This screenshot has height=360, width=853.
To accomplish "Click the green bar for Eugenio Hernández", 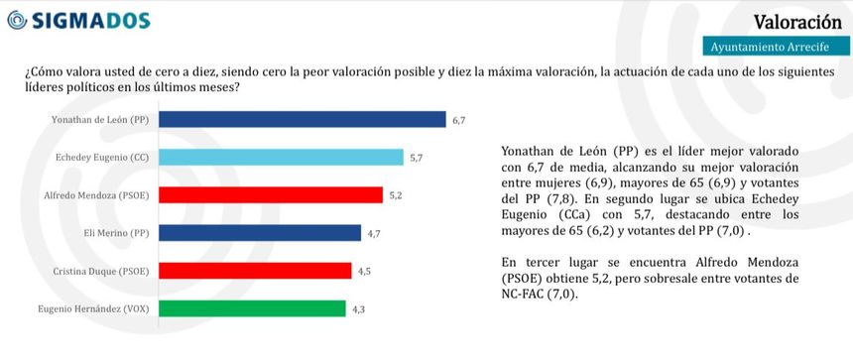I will point(252,308).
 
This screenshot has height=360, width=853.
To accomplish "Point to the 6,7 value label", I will point(458,120).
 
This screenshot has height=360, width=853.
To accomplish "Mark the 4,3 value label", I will point(359,308).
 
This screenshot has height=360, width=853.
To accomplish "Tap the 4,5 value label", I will point(364,271).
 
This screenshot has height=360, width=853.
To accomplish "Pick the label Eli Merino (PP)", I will point(119,233).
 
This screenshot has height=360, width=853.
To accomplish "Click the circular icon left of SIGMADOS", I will point(16,22).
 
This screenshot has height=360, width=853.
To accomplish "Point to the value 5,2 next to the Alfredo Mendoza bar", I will point(396,195).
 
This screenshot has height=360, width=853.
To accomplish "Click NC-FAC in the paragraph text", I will point(520,295).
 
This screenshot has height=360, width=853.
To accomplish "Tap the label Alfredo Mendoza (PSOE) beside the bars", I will point(102,195).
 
